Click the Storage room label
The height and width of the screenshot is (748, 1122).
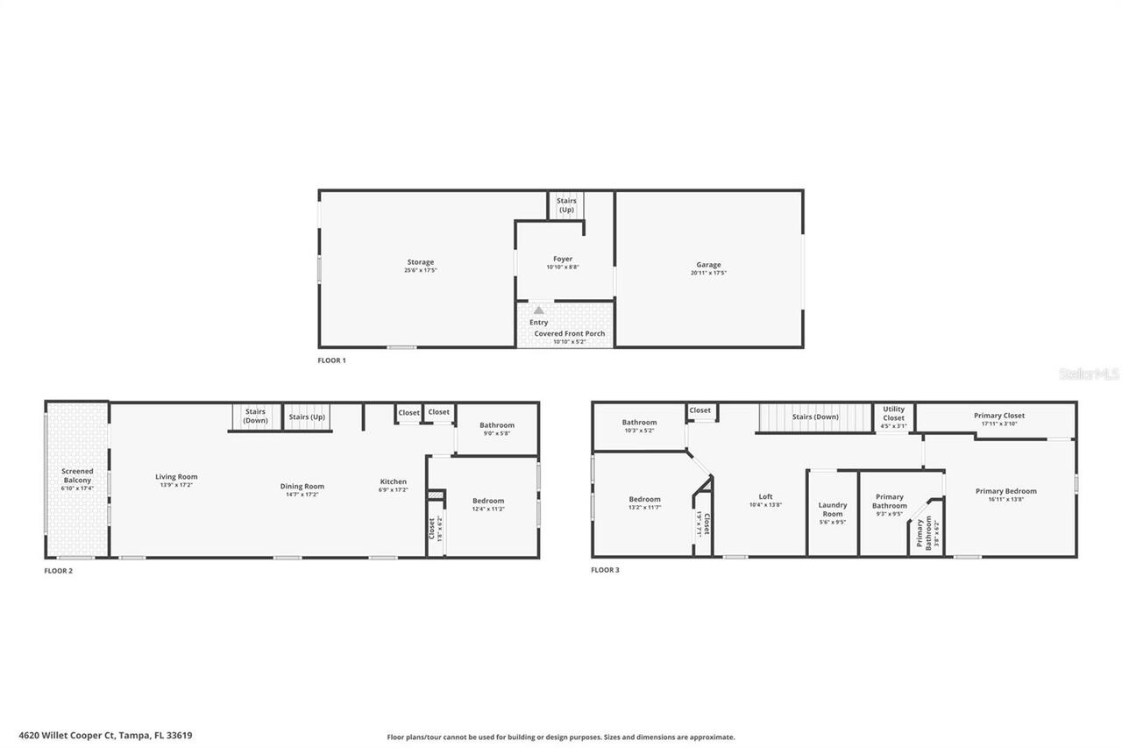pos(420,262)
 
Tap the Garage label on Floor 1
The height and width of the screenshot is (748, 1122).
pos(708,265)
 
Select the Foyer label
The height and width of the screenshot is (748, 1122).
pos(563,259)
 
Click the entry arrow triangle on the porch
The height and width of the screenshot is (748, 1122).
pos(539,310)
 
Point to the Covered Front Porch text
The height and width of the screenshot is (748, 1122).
pos(569,333)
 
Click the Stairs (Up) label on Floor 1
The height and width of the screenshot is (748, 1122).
pos(566,205)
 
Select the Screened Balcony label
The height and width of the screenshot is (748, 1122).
pos(77,475)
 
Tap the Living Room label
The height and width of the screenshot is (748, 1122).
pos(176,477)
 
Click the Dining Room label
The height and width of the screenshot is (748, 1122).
pos(302,486)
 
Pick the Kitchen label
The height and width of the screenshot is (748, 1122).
pos(393,481)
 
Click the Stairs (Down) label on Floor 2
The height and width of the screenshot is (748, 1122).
pos(255,417)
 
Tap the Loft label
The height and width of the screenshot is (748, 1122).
pos(765,496)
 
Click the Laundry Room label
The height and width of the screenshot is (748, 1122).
pos(833,509)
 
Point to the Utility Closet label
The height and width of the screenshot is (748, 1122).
pos(893,413)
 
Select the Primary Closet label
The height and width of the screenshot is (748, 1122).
pos(998,416)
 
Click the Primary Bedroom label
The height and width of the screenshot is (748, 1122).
pos(1005,491)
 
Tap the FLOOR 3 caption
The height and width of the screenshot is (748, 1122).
pos(605,570)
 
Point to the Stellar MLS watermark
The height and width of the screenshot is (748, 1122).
pos(1089,374)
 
